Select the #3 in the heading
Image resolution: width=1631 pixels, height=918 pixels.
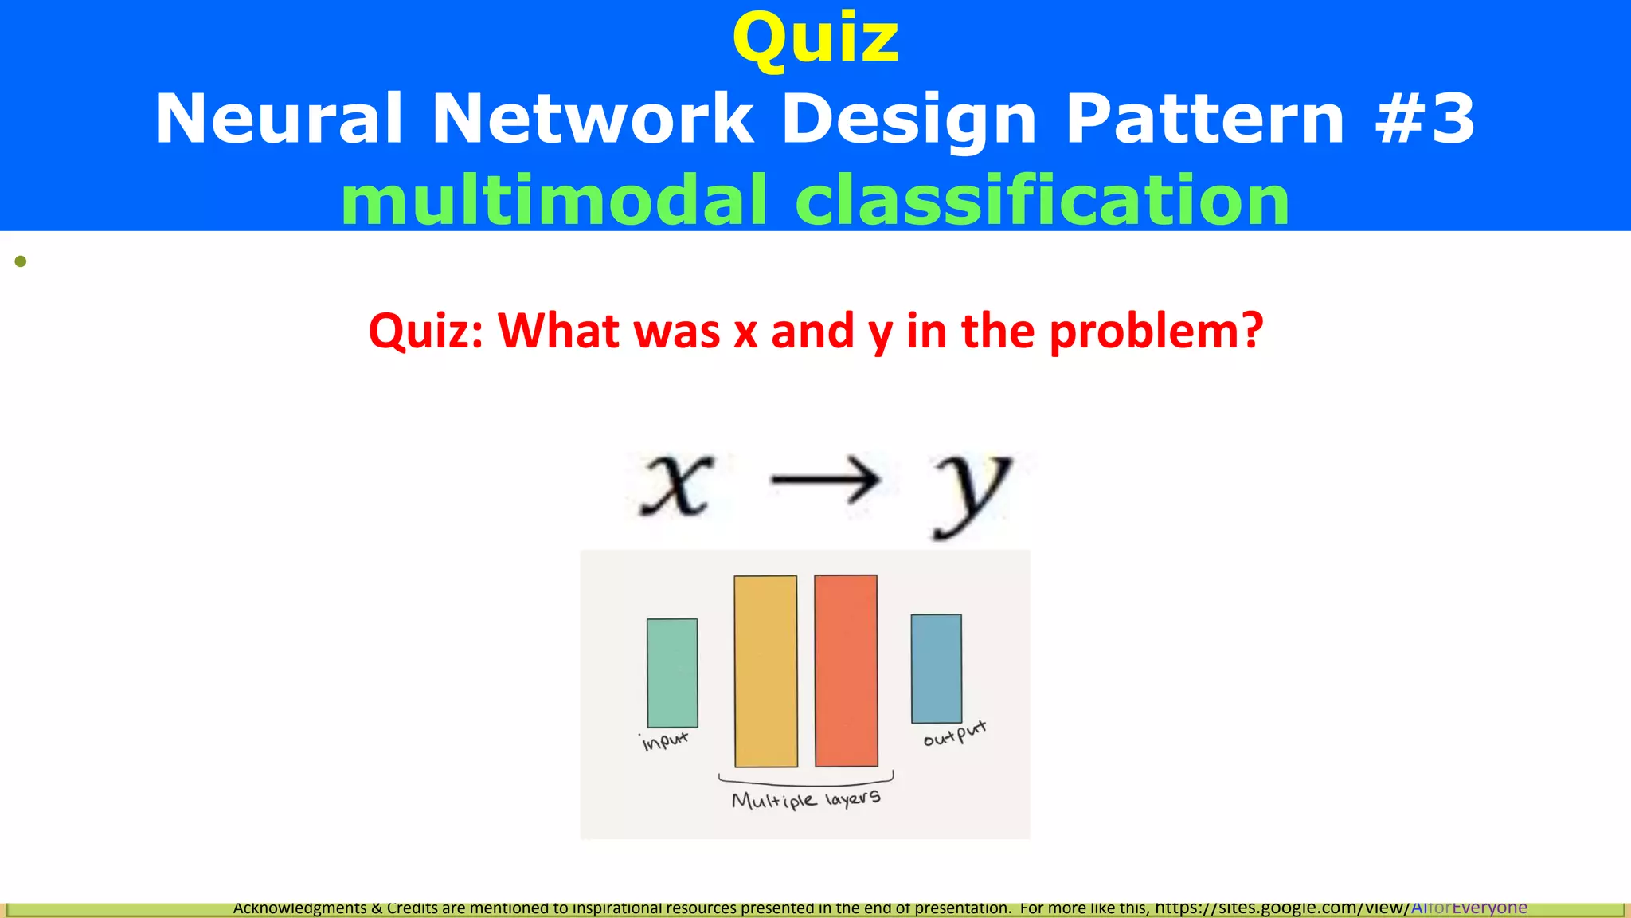pyautogui.click(x=1426, y=119)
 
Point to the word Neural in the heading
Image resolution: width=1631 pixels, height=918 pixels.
pyautogui.click(x=279, y=119)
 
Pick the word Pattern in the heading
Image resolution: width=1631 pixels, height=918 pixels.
pyautogui.click(x=1205, y=119)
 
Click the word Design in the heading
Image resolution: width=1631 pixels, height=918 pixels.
pyautogui.click(x=909, y=119)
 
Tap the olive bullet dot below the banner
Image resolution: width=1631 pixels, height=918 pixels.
pyautogui.click(x=21, y=261)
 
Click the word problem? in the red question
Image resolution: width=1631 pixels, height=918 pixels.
pyautogui.click(x=1156, y=331)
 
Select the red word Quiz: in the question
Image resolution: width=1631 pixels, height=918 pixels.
pyautogui.click(x=425, y=331)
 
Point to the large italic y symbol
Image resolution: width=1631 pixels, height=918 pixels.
pyautogui.click(x=972, y=490)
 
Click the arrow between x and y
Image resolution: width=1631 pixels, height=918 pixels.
pyautogui.click(x=826, y=480)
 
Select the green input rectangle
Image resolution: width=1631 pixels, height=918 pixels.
pyautogui.click(x=672, y=673)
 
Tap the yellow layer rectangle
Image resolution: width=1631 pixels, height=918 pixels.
pyautogui.click(x=765, y=671)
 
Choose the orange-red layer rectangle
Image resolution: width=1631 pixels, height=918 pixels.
pyautogui.click(x=846, y=671)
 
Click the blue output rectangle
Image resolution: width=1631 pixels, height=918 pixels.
pyautogui.click(x=936, y=669)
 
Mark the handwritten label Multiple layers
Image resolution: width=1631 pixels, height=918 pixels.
pyautogui.click(x=806, y=799)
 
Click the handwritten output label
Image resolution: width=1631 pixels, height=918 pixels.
pyautogui.click(x=954, y=733)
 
